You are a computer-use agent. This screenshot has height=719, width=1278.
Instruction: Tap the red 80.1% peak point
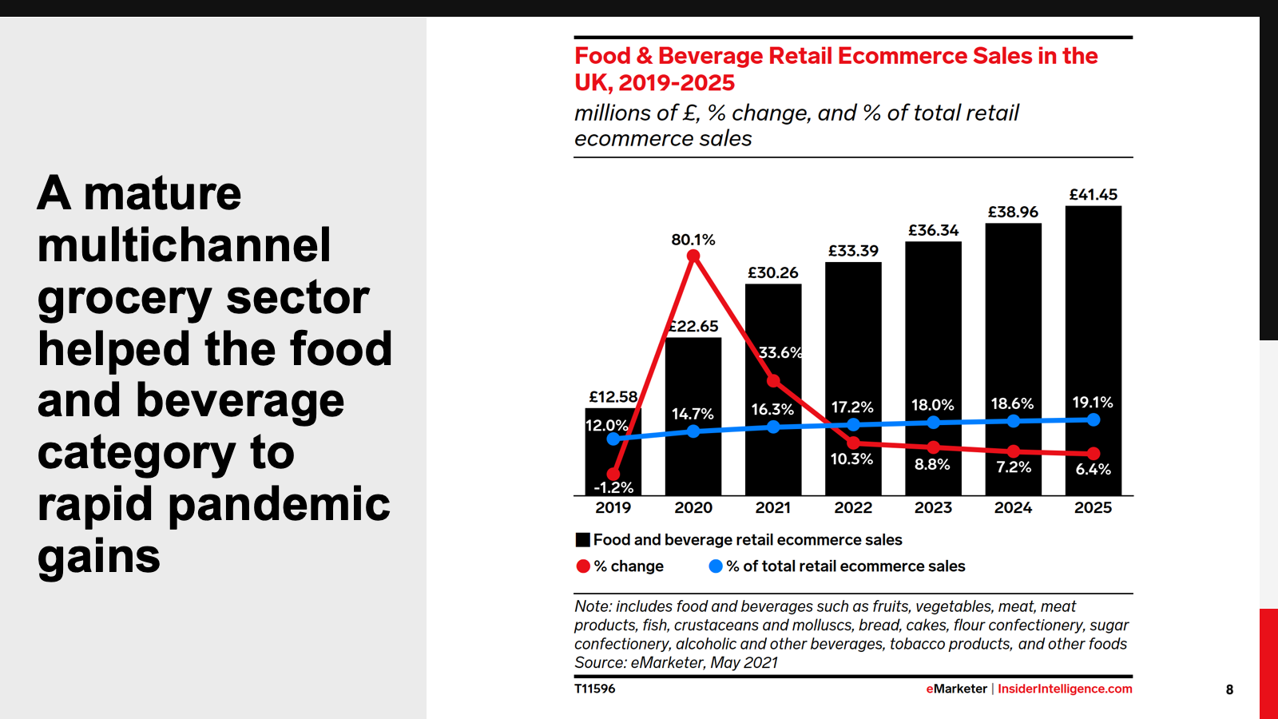pos(693,256)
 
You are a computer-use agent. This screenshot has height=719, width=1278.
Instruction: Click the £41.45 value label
pos(1093,194)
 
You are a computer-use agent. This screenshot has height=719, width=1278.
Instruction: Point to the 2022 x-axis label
pos(853,507)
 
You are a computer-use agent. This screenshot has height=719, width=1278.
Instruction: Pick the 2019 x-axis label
pos(613,507)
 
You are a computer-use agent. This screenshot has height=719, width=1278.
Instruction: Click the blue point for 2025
pos(1093,419)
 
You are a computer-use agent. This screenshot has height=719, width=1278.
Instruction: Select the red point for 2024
pos(1014,451)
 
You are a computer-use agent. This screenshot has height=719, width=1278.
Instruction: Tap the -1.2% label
pos(613,487)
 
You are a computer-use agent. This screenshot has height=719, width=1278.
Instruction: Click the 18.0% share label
pos(933,405)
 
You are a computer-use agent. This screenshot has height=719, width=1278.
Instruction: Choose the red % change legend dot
pos(583,566)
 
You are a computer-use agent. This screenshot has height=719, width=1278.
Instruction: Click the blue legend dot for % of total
pos(716,566)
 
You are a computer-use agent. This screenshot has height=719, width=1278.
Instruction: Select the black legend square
pos(583,540)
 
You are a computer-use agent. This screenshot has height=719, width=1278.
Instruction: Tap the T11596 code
pos(595,689)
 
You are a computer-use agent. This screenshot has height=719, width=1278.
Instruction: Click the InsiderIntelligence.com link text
pos(1065,689)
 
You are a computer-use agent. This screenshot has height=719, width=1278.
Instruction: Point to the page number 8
pos(1229,689)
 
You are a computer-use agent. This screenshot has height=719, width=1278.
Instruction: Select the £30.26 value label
pos(772,272)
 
